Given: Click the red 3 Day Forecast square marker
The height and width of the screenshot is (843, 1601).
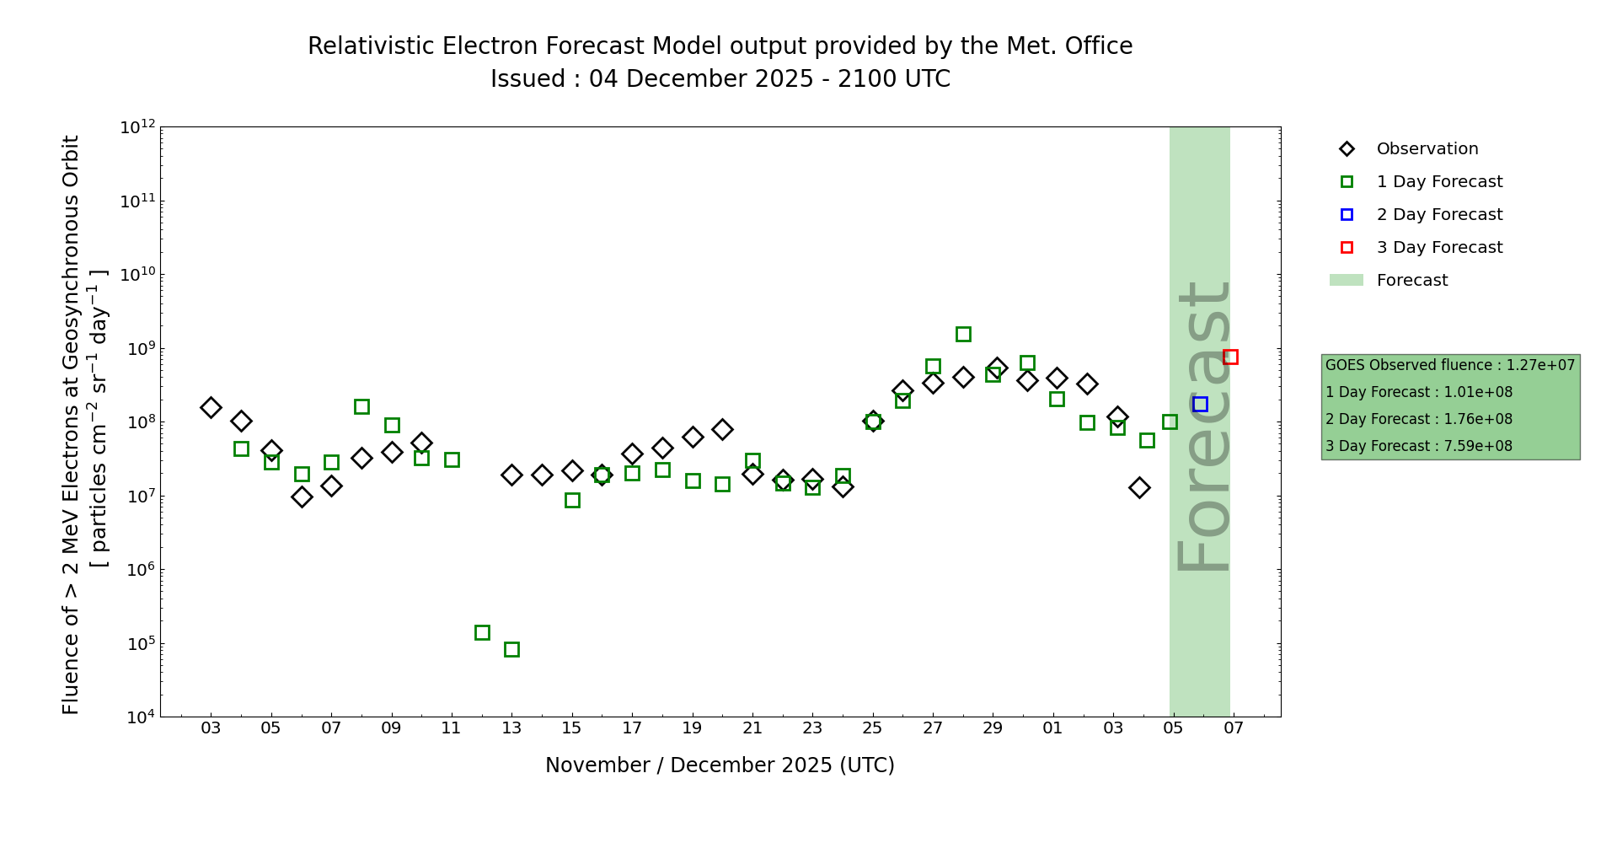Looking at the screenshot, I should coord(1230,357).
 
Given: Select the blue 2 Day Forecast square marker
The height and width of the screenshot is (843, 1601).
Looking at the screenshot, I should coord(1200,405).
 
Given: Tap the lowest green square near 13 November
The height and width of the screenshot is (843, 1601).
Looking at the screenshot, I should coord(511,649).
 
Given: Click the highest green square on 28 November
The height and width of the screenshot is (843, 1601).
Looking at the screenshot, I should coord(963,334).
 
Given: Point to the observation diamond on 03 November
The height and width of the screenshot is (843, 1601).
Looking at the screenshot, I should coord(211,407).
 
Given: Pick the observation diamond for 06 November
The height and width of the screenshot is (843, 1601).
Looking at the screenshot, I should coord(302,497).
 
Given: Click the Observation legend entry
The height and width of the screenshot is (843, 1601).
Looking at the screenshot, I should coord(1427,149).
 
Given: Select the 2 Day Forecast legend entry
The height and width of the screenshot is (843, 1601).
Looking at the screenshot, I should coord(1438,215).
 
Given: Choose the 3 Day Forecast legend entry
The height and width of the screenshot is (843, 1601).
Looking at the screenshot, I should coord(1438,248).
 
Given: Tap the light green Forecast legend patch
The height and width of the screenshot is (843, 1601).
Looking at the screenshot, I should coord(1346,280).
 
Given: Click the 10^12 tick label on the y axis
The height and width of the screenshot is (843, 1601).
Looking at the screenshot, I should coord(137,127).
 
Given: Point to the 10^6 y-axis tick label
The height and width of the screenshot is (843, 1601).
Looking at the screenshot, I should coord(137,570).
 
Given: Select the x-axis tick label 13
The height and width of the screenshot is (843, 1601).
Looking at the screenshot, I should coord(511,728).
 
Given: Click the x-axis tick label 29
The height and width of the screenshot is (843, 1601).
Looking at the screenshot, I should coord(993,728).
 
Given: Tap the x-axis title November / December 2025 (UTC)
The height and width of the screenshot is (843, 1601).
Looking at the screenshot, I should coord(720,765).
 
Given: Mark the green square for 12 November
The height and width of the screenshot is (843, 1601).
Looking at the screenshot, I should coord(482,632).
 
